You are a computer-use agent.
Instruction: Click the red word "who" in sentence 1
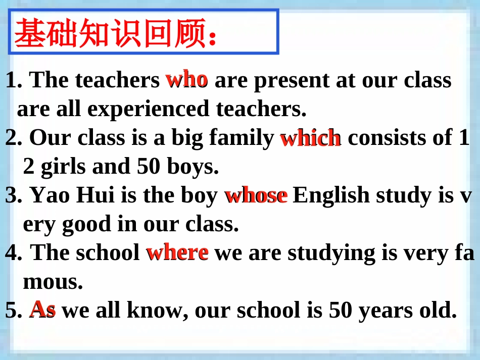[186, 79]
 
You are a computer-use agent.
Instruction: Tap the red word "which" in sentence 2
[310, 138]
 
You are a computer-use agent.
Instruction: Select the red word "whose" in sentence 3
[256, 195]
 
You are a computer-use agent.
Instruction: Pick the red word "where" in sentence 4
[177, 252]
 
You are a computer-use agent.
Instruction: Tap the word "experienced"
[142, 109]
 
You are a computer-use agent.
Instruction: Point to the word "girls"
[64, 167]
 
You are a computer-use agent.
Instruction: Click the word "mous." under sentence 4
[53, 282]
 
